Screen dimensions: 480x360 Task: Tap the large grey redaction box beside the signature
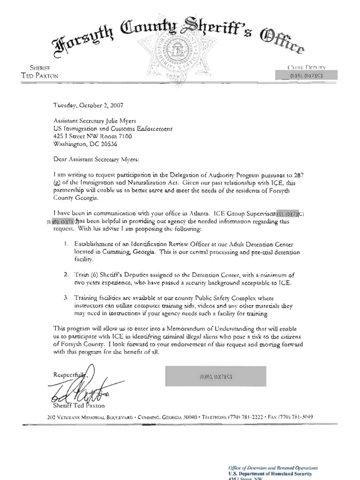click(215, 376)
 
